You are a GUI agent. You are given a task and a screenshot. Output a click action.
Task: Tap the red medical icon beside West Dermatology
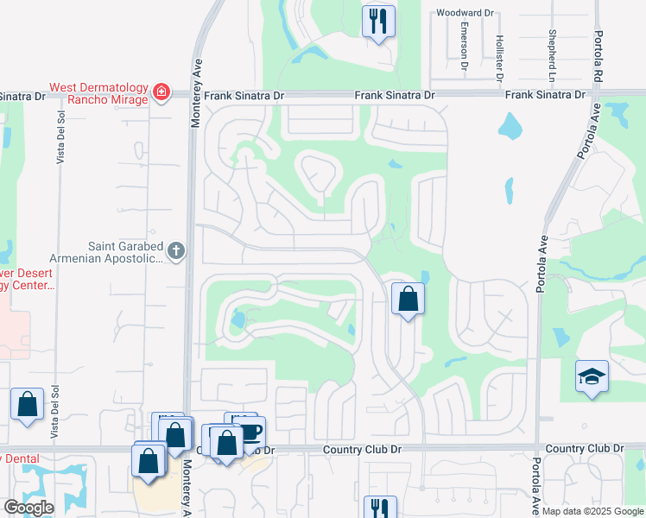(x=161, y=92)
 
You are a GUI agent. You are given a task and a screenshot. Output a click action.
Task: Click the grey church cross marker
(x=176, y=251)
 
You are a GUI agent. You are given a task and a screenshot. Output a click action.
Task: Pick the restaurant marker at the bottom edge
(x=380, y=507)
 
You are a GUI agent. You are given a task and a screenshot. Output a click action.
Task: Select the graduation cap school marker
(x=592, y=376)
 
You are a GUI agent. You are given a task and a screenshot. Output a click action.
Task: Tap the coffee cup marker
(x=250, y=431)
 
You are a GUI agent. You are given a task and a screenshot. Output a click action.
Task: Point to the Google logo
(x=28, y=508)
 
